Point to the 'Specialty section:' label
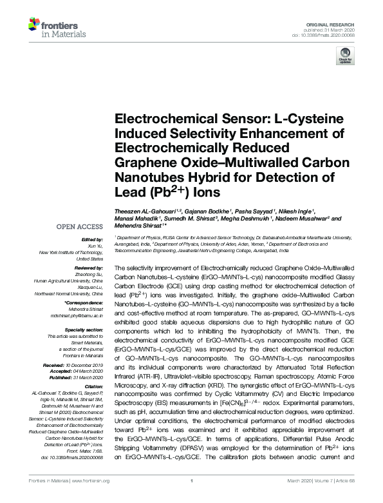(x=84, y=330)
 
